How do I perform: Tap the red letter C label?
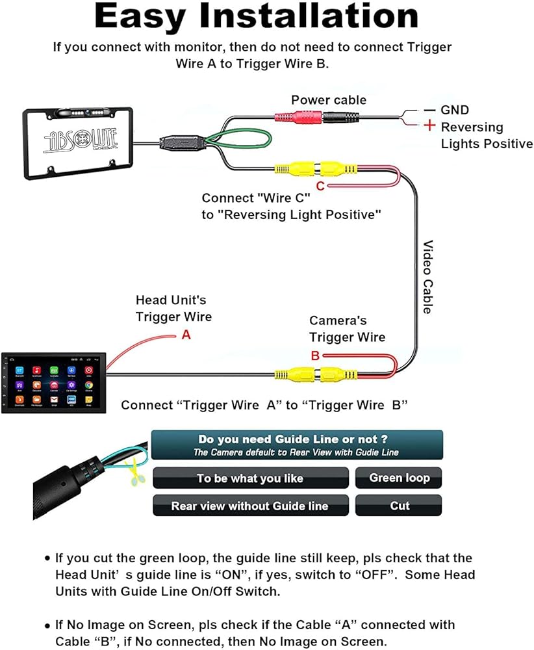pyautogui.click(x=320, y=187)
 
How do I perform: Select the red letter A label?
pyautogui.click(x=186, y=335)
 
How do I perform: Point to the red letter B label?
pyautogui.click(x=315, y=356)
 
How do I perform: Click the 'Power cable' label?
pyautogui.click(x=329, y=100)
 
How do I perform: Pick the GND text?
pyautogui.click(x=454, y=110)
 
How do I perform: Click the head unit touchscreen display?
pyautogui.click(x=54, y=383)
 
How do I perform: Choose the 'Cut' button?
pyautogui.click(x=400, y=506)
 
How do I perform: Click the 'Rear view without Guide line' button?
pyautogui.click(x=250, y=506)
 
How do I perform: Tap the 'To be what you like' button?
pyautogui.click(x=250, y=478)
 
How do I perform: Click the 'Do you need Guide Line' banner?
pyautogui.click(x=297, y=445)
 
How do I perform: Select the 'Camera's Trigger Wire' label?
pyautogui.click(x=347, y=328)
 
